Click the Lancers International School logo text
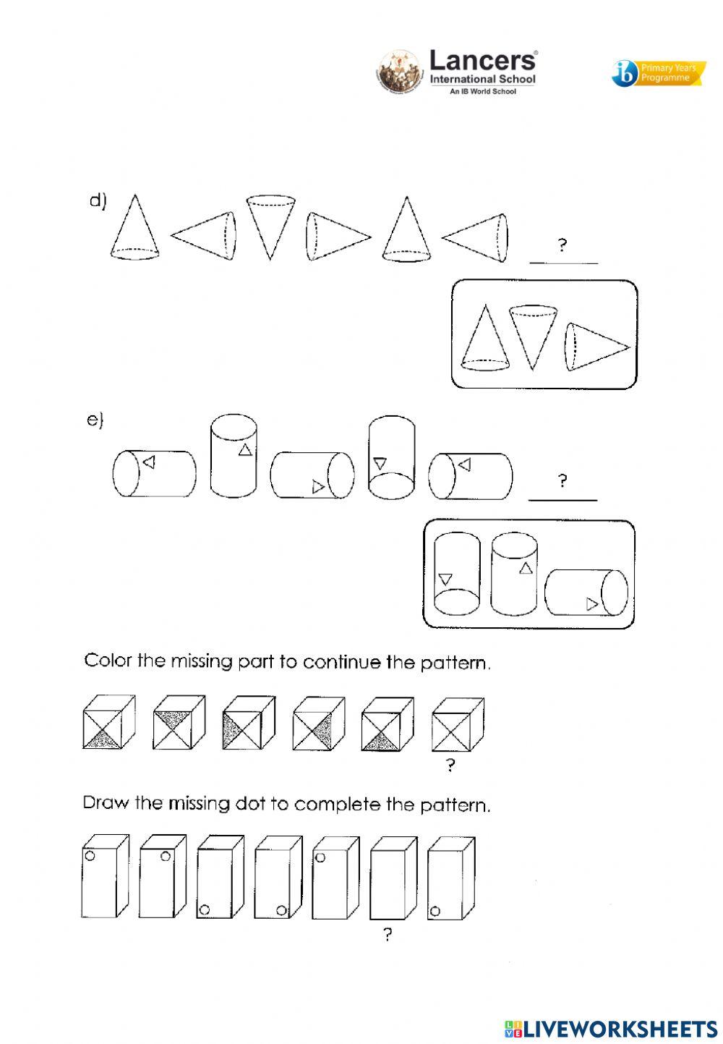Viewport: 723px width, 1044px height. [x=482, y=69]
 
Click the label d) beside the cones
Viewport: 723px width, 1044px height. [x=98, y=202]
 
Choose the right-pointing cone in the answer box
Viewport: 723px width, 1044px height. [x=597, y=347]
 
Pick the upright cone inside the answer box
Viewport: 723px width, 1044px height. [x=484, y=339]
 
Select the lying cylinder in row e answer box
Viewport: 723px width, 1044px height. [x=586, y=593]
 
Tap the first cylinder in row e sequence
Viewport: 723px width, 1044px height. [x=154, y=474]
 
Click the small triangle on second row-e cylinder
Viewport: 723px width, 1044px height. [x=245, y=450]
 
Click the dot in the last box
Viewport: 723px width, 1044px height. [x=435, y=911]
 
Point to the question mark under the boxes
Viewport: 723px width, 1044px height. [x=388, y=935]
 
